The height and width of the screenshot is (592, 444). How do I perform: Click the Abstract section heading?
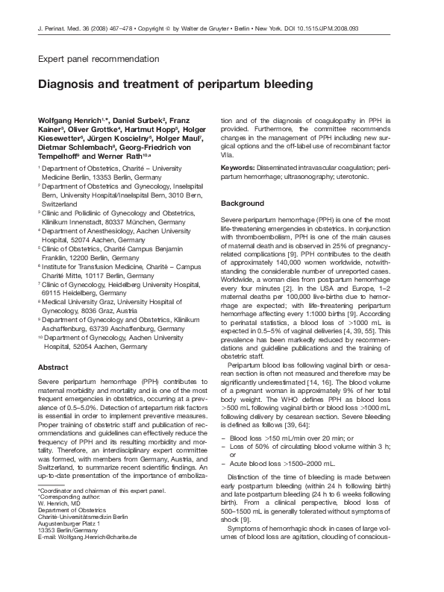coord(53,367)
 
